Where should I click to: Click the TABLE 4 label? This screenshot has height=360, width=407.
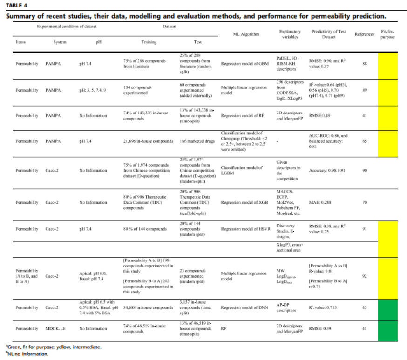pyautogui.click(x=16, y=6)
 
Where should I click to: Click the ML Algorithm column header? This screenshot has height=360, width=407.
pyautogui.click(x=246, y=34)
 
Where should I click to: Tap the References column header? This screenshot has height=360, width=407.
pyautogui.click(x=365, y=34)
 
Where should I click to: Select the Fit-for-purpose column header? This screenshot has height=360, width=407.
pyautogui.click(x=387, y=34)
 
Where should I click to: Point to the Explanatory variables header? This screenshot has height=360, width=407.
pyautogui.click(x=290, y=34)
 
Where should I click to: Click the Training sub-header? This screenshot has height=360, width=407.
pyautogui.click(x=149, y=42)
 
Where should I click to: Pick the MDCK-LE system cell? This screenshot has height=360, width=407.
pyautogui.click(x=55, y=329)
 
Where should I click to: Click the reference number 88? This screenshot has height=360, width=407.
pyautogui.click(x=365, y=64)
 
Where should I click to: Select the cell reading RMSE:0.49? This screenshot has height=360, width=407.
pyautogui.click(x=319, y=116)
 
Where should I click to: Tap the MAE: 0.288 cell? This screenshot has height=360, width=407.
pyautogui.click(x=320, y=202)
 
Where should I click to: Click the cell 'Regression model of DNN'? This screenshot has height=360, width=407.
pyautogui.click(x=244, y=307)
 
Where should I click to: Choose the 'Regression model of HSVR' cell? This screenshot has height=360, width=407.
pyautogui.click(x=245, y=229)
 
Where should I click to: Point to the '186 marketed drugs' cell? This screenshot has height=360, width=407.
pyautogui.click(x=197, y=141)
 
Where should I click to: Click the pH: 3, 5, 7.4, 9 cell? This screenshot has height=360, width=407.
pyautogui.click(x=92, y=90)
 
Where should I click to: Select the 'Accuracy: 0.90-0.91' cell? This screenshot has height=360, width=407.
pyautogui.click(x=327, y=171)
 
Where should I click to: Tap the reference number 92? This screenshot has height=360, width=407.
pyautogui.click(x=365, y=276)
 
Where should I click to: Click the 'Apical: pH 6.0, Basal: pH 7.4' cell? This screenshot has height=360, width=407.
pyautogui.click(x=93, y=276)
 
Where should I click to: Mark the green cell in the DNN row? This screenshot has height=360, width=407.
pyautogui.click(x=387, y=310)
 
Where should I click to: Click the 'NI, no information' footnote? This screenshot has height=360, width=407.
pyautogui.click(x=27, y=354)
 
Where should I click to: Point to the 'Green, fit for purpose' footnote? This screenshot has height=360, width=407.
pyautogui.click(x=54, y=347)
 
